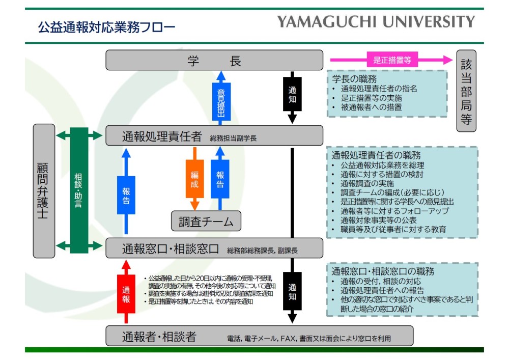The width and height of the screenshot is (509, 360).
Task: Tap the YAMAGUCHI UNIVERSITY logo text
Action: [376, 21]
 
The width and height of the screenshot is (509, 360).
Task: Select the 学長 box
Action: [214, 60]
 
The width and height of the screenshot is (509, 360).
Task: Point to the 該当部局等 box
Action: [466, 91]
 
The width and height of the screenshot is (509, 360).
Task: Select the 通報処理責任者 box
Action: [214, 136]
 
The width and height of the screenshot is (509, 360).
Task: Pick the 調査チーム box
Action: [206, 221]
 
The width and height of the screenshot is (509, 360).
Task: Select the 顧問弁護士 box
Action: [44, 190]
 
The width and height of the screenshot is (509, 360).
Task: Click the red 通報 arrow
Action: [126, 292]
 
